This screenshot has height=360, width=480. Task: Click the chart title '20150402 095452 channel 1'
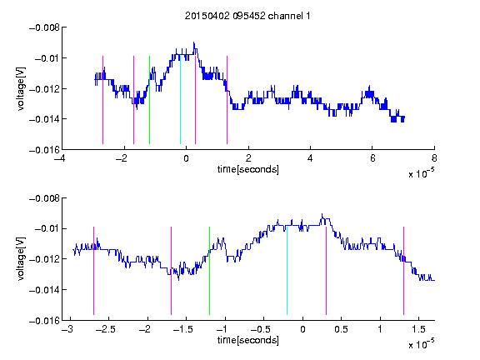[247, 16]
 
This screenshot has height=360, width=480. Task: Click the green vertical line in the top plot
[149, 100]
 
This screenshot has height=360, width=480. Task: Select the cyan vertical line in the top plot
[180, 100]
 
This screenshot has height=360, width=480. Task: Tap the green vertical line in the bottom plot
[209, 271]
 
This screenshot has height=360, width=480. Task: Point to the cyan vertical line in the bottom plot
[287, 271]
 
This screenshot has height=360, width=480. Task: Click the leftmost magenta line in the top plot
[102, 100]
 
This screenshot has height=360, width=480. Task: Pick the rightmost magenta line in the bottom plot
[403, 271]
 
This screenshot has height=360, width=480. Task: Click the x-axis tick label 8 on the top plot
[434, 158]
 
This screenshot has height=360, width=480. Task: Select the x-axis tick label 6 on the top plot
[372, 158]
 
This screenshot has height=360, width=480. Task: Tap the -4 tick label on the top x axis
[60, 158]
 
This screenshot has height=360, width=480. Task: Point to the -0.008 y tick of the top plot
[44, 27]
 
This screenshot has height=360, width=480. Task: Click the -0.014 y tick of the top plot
[44, 119]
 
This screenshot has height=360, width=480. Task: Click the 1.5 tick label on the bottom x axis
[419, 329]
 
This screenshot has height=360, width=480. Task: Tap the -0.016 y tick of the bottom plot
[44, 321]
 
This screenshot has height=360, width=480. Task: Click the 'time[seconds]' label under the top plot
[248, 169]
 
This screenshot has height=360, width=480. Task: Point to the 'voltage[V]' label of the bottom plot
[21, 259]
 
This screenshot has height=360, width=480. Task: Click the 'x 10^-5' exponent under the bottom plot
[421, 344]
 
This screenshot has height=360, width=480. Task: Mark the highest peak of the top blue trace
[194, 42]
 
